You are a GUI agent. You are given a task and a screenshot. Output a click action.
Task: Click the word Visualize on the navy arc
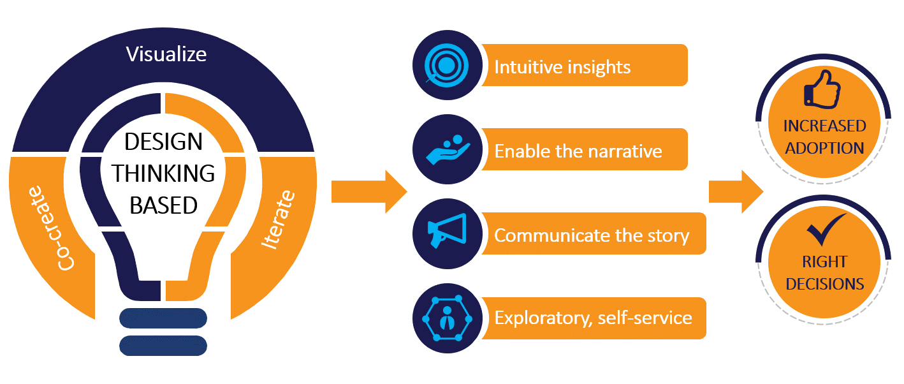[166, 54]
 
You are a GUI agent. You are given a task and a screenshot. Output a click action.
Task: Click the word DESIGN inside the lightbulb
[163, 142]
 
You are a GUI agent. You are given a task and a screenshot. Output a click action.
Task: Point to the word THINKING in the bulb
[164, 173]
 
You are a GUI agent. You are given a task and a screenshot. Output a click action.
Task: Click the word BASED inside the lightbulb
[163, 205]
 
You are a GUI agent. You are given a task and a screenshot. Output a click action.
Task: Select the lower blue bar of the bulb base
[163, 345]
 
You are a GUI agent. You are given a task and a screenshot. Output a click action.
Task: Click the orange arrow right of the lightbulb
[368, 191]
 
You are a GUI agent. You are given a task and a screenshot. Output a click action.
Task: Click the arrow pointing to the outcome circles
[735, 191]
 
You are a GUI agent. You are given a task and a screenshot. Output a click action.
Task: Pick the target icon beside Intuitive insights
[446, 65]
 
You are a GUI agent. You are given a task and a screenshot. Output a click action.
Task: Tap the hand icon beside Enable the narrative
[446, 149]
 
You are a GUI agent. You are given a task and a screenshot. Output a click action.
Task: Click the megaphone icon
[446, 233]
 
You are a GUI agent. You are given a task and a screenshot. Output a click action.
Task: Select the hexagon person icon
[446, 318]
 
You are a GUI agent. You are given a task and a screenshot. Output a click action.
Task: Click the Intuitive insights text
[562, 66]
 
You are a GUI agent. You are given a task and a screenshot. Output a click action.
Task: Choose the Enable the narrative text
[578, 151]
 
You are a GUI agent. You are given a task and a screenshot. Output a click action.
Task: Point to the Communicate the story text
[592, 235]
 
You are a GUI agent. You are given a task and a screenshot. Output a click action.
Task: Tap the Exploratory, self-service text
[593, 318]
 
